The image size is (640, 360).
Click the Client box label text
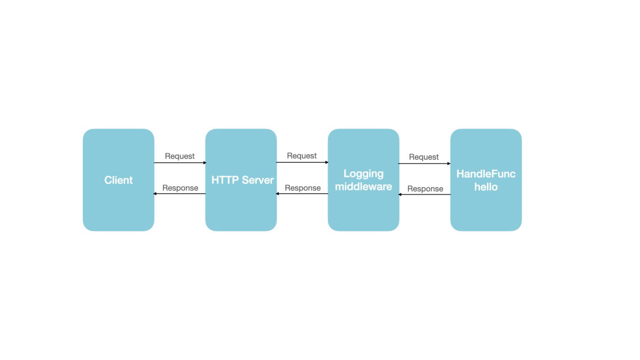point(118,180)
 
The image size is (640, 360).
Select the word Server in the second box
point(258,180)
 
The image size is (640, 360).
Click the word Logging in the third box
point(363,174)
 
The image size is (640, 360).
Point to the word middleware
point(363,187)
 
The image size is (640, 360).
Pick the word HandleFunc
point(486,174)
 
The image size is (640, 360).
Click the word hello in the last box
point(486,187)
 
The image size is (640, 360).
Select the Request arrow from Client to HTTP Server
point(180,162)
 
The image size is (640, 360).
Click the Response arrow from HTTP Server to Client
point(180,194)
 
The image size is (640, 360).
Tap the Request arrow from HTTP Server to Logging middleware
point(302,162)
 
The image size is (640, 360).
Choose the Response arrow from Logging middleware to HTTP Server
point(302,194)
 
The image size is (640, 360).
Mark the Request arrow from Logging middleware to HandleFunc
point(424,163)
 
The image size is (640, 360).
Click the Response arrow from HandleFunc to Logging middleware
point(424,194)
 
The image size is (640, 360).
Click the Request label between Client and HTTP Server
point(180,156)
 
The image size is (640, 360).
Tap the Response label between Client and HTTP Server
point(180,188)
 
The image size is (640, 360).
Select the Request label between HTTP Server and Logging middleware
point(302,156)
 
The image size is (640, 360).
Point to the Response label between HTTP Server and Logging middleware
point(302,188)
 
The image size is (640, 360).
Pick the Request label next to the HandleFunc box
point(424,157)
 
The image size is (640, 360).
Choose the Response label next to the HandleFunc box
point(425,189)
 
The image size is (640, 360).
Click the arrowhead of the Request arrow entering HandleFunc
point(449,163)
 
